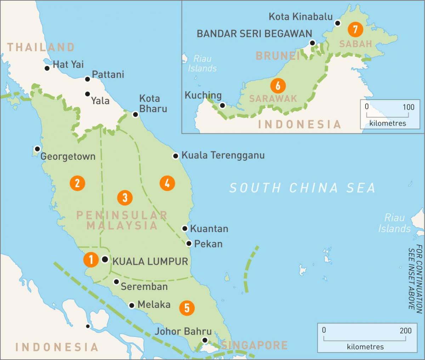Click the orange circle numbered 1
91,260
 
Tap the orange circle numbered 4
167,183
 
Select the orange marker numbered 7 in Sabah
355,29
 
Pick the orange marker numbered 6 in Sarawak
278,85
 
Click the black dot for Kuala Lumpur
105,259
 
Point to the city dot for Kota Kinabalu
338,23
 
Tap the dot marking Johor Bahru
205,340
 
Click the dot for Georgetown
37,149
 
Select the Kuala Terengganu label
223,155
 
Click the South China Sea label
302,188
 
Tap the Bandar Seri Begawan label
254,34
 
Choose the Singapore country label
254,345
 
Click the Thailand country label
41,47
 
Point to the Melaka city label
154,304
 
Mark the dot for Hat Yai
47,68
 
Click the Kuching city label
203,95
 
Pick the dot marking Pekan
189,243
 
